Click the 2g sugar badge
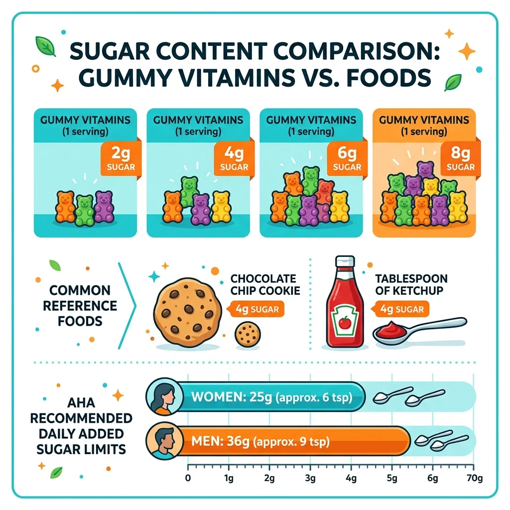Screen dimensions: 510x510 [x=120, y=158]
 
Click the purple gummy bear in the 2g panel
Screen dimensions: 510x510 [x=104, y=206]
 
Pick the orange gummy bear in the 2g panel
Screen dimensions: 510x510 [x=66, y=206]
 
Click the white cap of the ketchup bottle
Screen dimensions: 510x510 [x=343, y=263]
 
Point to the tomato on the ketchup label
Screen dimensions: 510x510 [x=343, y=324]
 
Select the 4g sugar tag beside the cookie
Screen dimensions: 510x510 [x=255, y=309]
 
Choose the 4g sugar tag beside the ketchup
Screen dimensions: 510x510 [x=401, y=309]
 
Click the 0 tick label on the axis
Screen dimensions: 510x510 [x=188, y=479]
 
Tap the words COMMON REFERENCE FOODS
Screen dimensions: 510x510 [x=80, y=305]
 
